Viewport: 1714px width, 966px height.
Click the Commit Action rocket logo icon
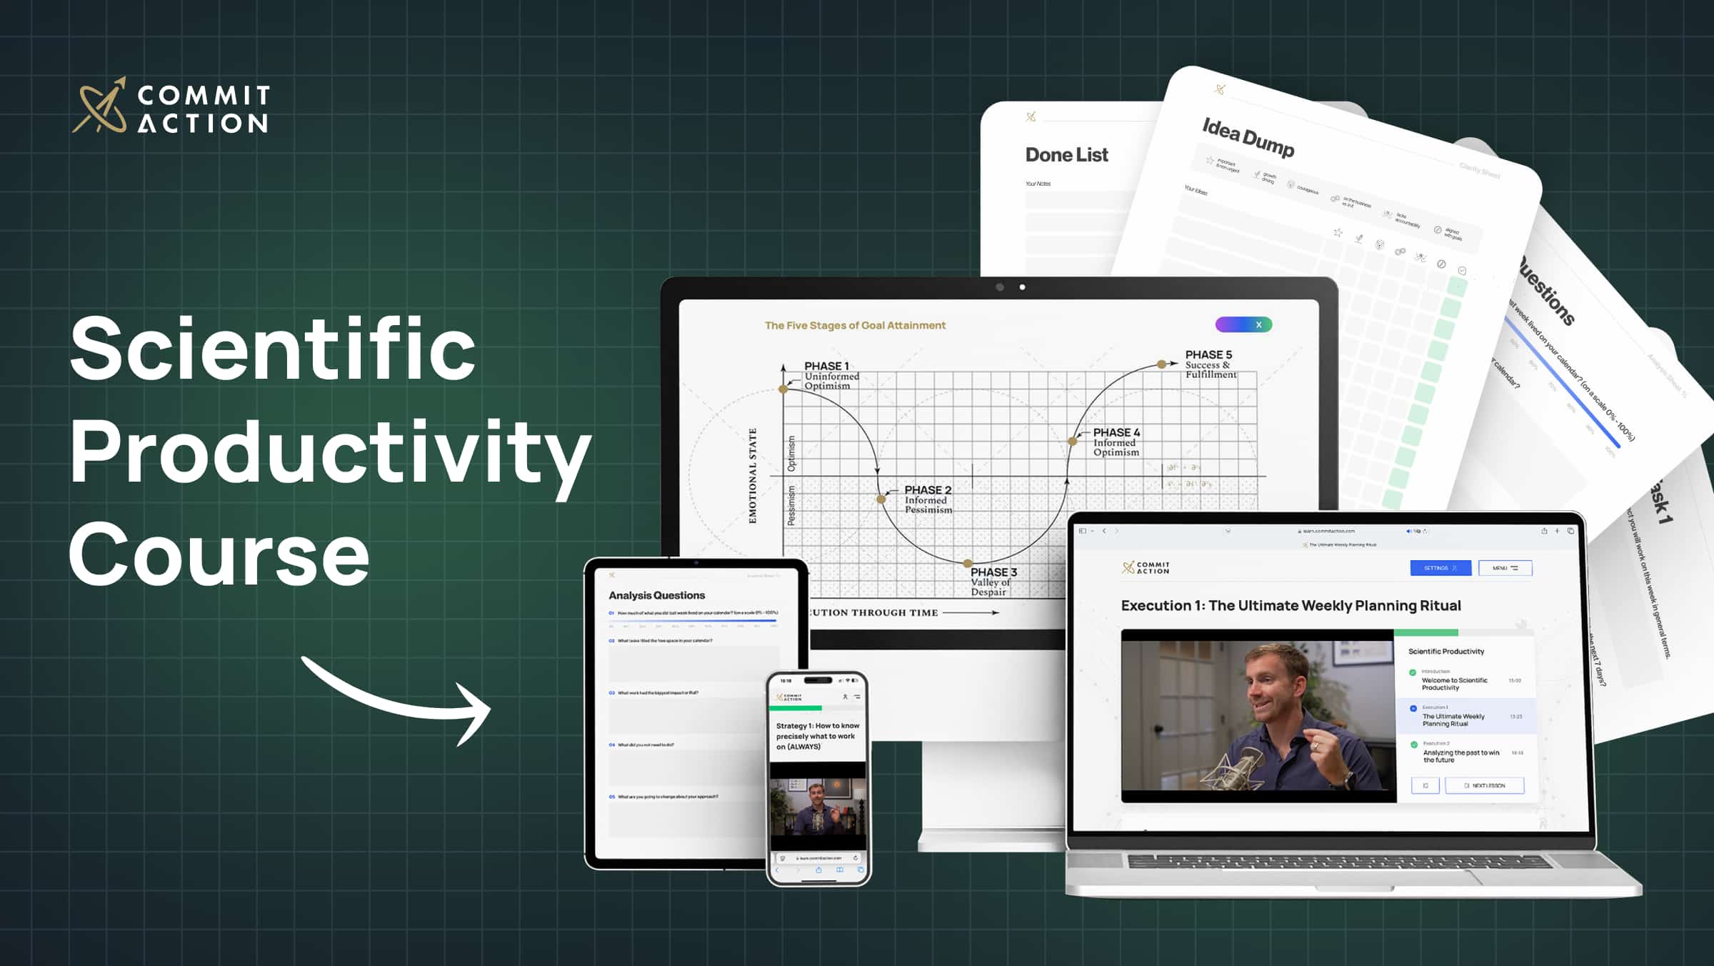[x=99, y=106]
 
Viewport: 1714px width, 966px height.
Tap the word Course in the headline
[x=219, y=554]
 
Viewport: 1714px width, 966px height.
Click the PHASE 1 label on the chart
[x=827, y=367]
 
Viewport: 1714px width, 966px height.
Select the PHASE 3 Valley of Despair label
[x=993, y=582]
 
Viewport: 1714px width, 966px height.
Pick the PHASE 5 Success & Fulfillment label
[x=1210, y=364]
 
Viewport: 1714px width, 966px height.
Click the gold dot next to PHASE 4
[x=1073, y=442]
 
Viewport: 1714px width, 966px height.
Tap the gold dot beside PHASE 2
[x=881, y=499]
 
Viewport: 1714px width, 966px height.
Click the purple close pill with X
[x=1243, y=324]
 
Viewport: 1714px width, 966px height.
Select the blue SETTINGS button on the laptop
[x=1440, y=568]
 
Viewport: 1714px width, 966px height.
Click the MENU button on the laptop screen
[x=1505, y=568]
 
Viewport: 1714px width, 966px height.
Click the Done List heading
[x=1066, y=154]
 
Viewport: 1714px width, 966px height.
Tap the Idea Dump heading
[x=1248, y=137]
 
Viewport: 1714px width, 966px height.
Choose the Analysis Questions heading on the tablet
[x=656, y=595]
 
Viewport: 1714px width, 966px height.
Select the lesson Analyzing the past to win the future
[x=1460, y=756]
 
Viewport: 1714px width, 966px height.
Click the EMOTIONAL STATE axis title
[x=753, y=476]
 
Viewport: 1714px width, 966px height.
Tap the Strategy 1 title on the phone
[x=818, y=736]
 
